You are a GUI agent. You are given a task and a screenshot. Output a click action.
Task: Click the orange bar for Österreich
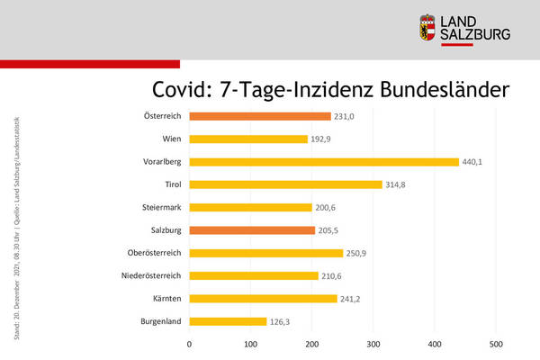(x=260, y=116)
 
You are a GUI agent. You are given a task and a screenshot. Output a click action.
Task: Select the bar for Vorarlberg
(x=324, y=162)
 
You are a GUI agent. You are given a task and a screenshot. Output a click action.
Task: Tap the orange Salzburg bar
(x=252, y=230)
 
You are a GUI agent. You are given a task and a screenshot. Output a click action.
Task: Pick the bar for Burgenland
(x=228, y=321)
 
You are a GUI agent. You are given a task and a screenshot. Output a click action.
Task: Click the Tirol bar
(x=285, y=184)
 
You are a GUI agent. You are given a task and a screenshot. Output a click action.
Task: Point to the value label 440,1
(x=475, y=162)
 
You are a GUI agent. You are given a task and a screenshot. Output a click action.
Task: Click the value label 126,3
(x=283, y=321)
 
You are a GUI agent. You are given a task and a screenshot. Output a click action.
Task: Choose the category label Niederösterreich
(x=150, y=275)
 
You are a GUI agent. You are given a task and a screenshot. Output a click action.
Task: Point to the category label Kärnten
(x=166, y=298)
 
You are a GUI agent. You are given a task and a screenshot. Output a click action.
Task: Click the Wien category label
(x=170, y=139)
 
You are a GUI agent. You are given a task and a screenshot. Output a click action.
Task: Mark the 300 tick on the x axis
(x=373, y=343)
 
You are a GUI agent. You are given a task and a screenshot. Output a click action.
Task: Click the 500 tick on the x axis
(x=496, y=343)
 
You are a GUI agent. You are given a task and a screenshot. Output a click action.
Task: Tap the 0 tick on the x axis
(x=189, y=343)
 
